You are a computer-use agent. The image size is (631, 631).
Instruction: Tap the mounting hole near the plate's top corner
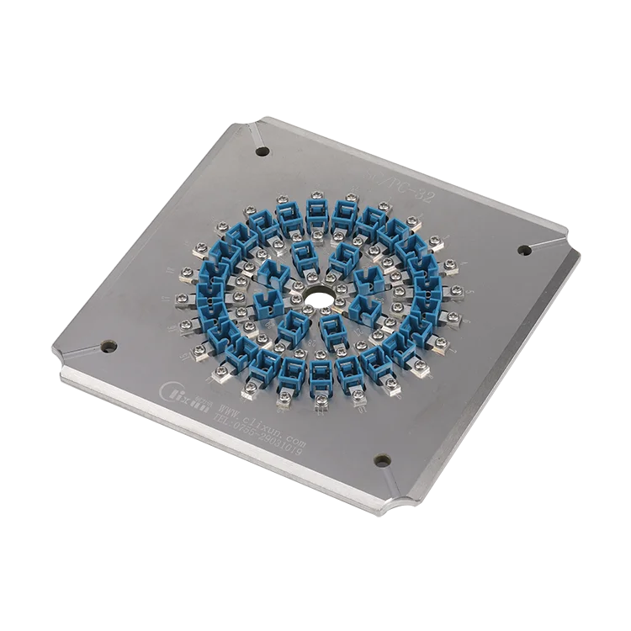[262, 152]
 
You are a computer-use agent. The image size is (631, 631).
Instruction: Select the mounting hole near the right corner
[523, 249]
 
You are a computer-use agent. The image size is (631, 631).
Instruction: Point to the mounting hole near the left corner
[109, 344]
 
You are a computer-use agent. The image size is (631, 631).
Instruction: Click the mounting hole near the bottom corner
[382, 459]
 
